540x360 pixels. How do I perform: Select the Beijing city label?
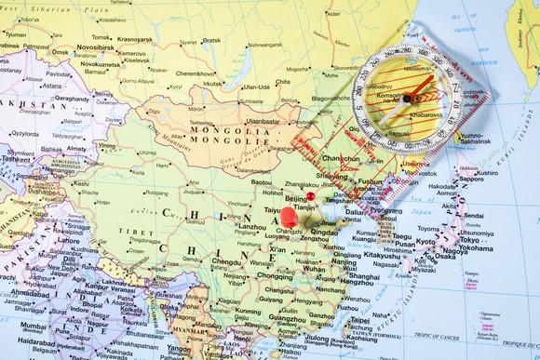[296, 198]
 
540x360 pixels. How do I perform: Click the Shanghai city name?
[361, 276]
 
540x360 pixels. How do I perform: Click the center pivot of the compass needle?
[407, 98]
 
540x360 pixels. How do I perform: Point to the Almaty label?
[77, 148]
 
